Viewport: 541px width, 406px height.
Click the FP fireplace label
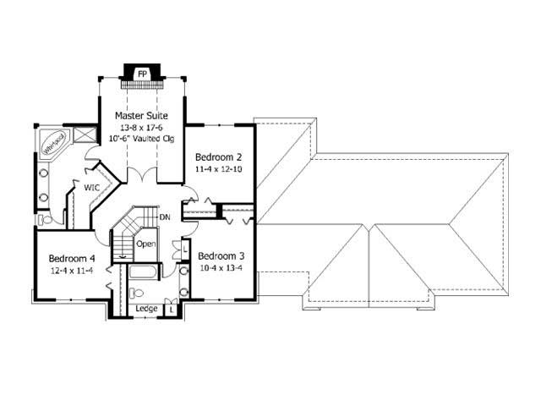tap(142, 72)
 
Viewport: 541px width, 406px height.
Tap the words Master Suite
tap(140, 115)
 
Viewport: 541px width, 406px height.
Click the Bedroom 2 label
tap(219, 157)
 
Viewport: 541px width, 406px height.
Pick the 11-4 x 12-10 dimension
tap(219, 169)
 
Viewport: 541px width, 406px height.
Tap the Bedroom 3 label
tap(221, 256)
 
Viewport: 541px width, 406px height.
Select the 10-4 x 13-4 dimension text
tap(221, 268)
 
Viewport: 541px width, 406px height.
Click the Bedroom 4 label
tap(71, 258)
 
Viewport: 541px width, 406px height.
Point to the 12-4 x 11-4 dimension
tap(71, 270)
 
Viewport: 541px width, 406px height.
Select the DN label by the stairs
tap(165, 217)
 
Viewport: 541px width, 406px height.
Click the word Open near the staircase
tap(146, 244)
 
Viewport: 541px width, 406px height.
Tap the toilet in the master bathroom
tap(46, 219)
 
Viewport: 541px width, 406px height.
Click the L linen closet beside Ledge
tap(172, 310)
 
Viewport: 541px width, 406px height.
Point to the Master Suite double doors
tap(140, 176)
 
